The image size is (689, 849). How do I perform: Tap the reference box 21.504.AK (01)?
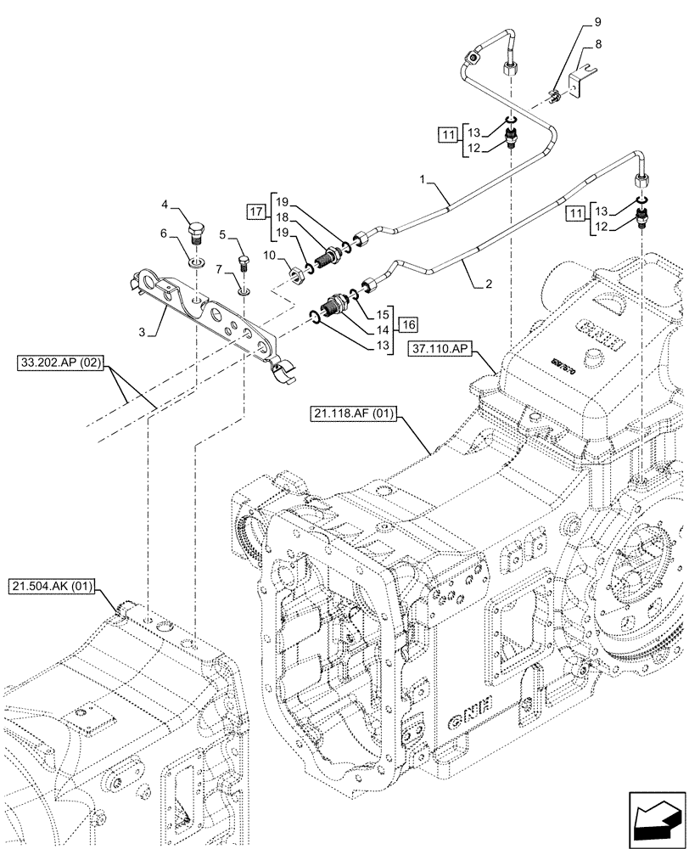tap(53, 586)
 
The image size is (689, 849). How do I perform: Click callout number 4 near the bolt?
tap(166, 204)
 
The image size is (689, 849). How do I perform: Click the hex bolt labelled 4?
tap(195, 232)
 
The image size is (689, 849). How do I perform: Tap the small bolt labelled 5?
tap(242, 252)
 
